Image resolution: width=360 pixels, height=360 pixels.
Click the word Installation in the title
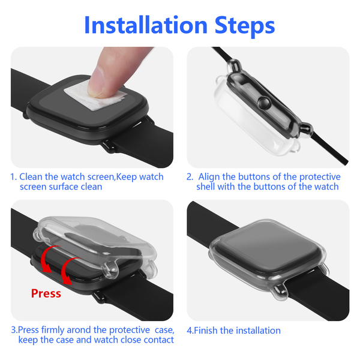pos(146,25)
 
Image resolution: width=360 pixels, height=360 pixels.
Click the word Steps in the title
pos(245,26)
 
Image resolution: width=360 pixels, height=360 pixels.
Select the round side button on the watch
pos(264,103)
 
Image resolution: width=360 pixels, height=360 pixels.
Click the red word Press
pos(46,293)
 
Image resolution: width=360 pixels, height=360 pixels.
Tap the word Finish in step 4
pos(206,331)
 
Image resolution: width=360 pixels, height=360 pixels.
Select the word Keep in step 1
pos(127,177)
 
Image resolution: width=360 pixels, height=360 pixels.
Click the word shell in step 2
pos(206,187)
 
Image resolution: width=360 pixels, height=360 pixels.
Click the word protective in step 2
pos(320,177)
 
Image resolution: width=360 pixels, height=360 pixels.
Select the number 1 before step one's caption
pos(13,177)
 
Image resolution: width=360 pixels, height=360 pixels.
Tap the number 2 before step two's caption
pos(190,177)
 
